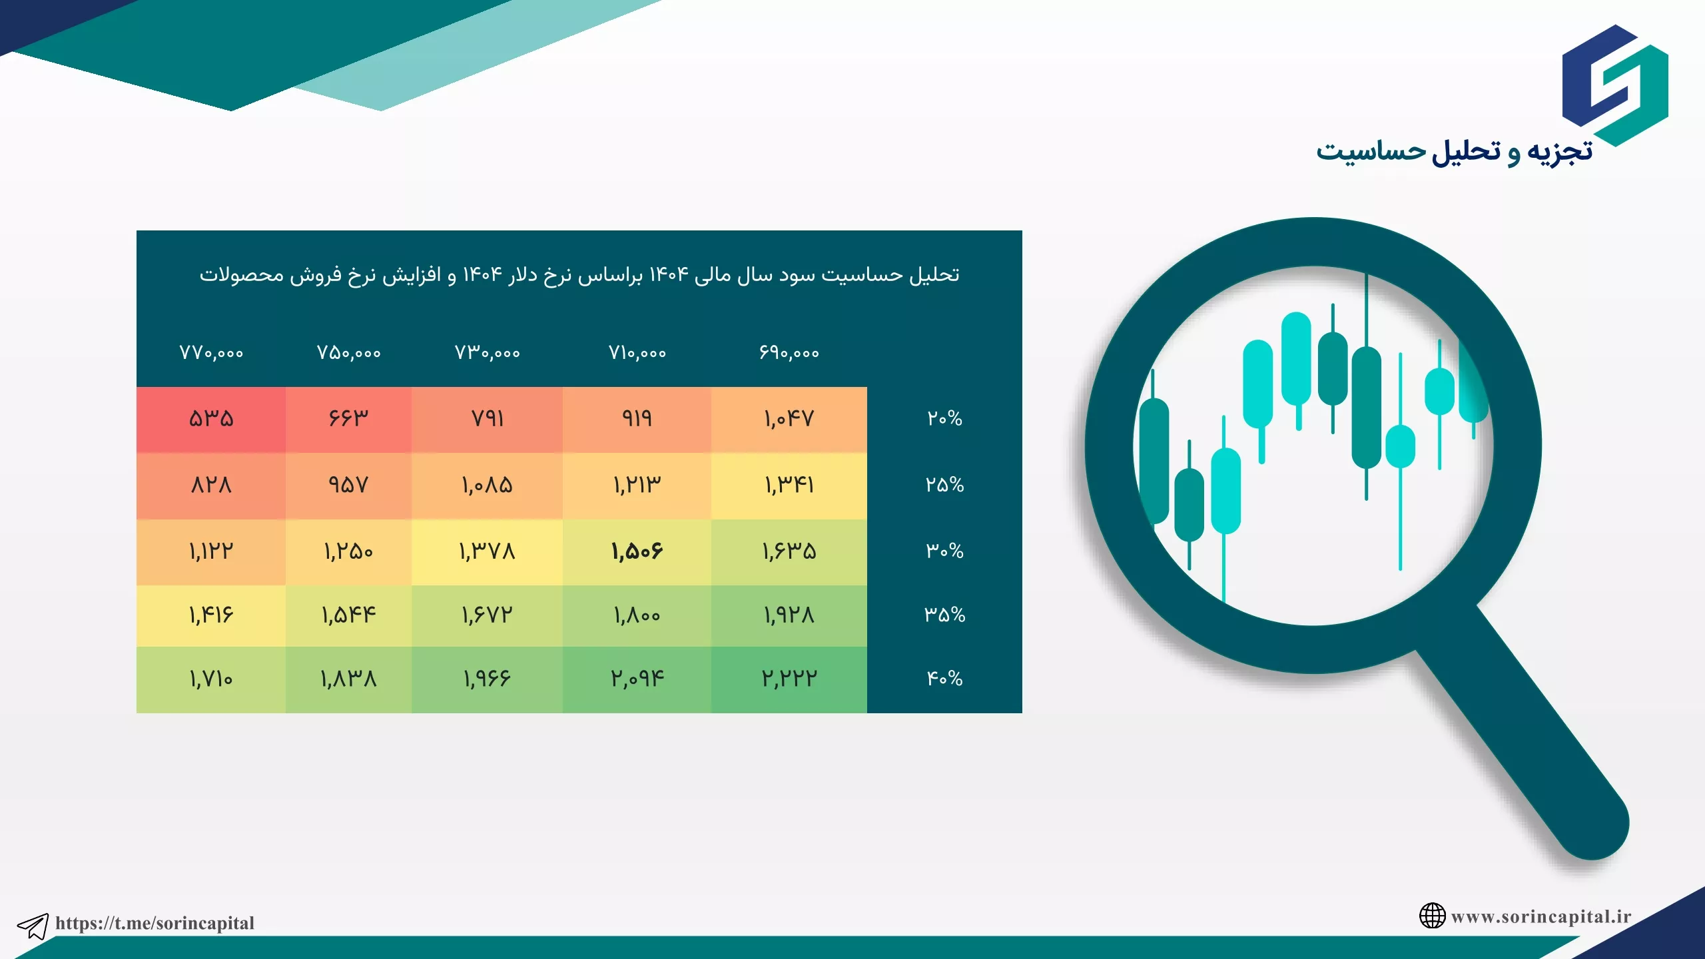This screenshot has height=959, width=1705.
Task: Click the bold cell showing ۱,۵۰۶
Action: (637, 551)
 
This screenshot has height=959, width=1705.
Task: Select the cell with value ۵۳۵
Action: (211, 419)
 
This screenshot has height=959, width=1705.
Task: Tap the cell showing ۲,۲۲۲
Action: (789, 679)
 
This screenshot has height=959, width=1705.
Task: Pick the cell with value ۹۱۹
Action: (637, 419)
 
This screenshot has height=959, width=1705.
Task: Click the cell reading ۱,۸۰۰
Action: (637, 615)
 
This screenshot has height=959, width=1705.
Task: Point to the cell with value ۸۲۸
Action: (211, 485)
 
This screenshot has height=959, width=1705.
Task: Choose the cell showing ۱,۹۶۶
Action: (487, 679)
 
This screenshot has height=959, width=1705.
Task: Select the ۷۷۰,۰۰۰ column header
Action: (211, 353)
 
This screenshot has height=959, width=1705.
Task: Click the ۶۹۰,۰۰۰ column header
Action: (789, 353)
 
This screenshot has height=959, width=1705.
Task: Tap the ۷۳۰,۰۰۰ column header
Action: (487, 353)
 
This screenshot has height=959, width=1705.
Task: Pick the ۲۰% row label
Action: (944, 419)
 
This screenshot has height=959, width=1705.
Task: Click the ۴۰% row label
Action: (944, 679)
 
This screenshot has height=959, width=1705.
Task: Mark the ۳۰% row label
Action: (944, 551)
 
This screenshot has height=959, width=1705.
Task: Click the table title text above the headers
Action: (579, 275)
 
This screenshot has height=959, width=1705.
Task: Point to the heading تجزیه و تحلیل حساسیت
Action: (1454, 151)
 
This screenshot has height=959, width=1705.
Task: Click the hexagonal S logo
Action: (1615, 85)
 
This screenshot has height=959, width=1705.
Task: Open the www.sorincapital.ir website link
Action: (1541, 917)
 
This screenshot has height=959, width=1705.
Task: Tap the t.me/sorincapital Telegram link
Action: (155, 923)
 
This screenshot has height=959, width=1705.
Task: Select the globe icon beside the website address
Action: (1432, 916)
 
